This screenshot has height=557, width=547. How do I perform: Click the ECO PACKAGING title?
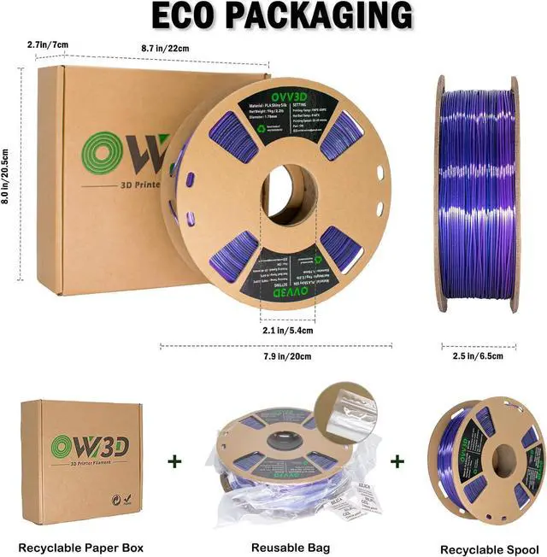(273, 17)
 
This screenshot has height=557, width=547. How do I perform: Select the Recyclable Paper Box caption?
(81, 547)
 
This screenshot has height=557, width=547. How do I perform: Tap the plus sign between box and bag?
(175, 461)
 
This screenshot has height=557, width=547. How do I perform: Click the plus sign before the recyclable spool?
(397, 461)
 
